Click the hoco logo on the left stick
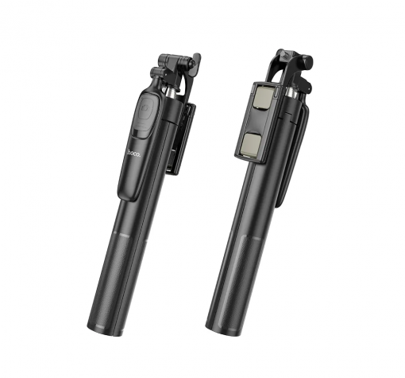[133, 154]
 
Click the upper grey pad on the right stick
[261, 98]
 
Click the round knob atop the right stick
[307, 61]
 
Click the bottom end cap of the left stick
[105, 329]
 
